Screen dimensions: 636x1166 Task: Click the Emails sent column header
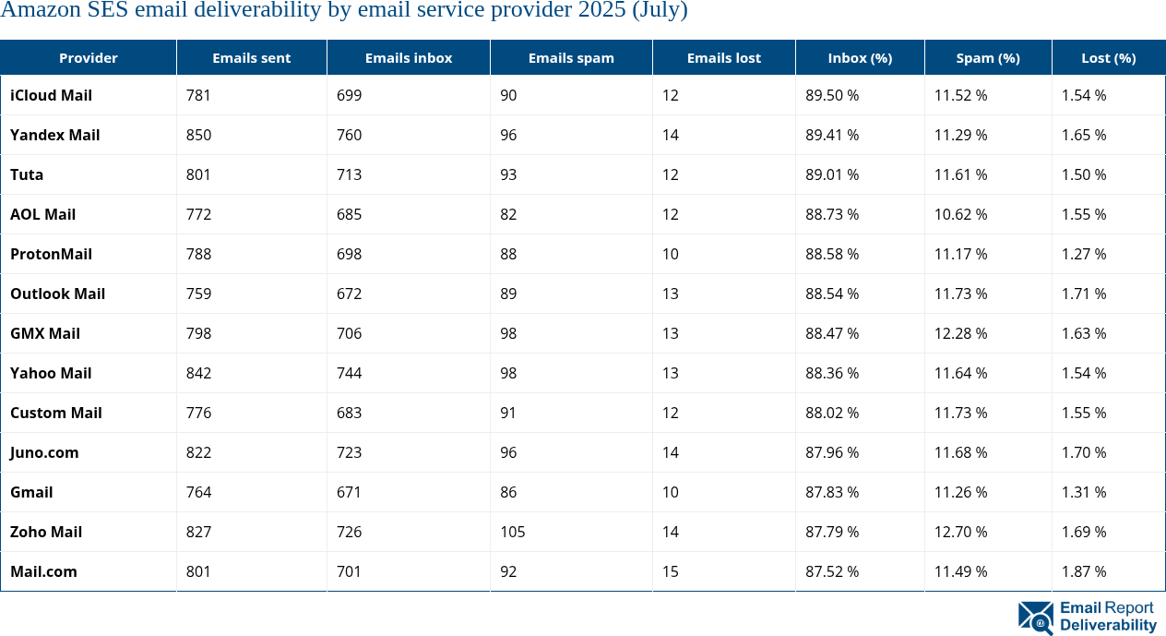(251, 57)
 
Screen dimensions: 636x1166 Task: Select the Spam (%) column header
(988, 57)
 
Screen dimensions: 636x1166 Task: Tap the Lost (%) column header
(1108, 57)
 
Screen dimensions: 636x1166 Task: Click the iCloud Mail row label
(51, 95)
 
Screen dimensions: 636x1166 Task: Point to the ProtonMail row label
(51, 254)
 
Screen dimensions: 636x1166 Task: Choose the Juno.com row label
(44, 452)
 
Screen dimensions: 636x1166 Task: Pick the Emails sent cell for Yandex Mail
(198, 135)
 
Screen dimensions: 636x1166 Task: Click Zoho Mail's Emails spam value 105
(513, 532)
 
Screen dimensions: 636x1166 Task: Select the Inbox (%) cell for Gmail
(832, 492)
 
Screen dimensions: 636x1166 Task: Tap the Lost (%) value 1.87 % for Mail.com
(1084, 571)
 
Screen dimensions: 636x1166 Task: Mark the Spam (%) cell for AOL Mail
(960, 214)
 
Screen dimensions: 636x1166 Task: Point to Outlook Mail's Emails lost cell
(671, 294)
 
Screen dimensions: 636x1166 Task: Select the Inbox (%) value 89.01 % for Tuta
(832, 174)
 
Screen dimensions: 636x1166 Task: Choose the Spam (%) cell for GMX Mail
(960, 333)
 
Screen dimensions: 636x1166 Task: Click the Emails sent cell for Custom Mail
(198, 413)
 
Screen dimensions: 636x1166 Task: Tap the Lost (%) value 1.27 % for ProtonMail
(1084, 254)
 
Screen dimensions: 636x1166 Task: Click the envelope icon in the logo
(1036, 618)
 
